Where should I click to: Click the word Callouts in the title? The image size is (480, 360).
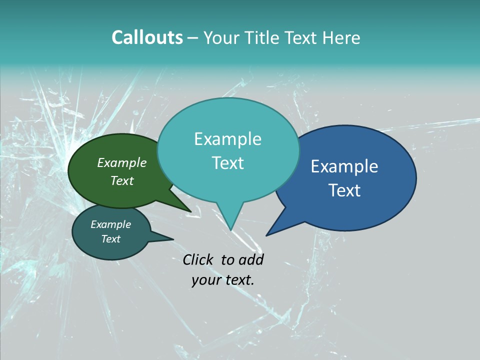click(x=147, y=37)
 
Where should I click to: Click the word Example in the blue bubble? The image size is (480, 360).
click(x=344, y=166)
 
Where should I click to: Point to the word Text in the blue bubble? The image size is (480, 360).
click(x=344, y=190)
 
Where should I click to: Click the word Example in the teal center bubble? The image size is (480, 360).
click(x=227, y=139)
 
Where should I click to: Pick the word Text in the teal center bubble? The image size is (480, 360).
click(x=227, y=163)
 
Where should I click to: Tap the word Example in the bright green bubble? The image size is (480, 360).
click(x=122, y=163)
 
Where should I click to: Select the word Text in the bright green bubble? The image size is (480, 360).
click(x=122, y=180)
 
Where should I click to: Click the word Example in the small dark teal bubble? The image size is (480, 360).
click(x=111, y=224)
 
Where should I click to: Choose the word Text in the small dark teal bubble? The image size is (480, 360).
click(x=111, y=239)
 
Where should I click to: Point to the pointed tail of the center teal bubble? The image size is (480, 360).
click(x=230, y=228)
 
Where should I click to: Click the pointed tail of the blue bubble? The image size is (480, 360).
click(x=268, y=234)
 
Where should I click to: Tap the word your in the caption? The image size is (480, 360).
click(x=205, y=280)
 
